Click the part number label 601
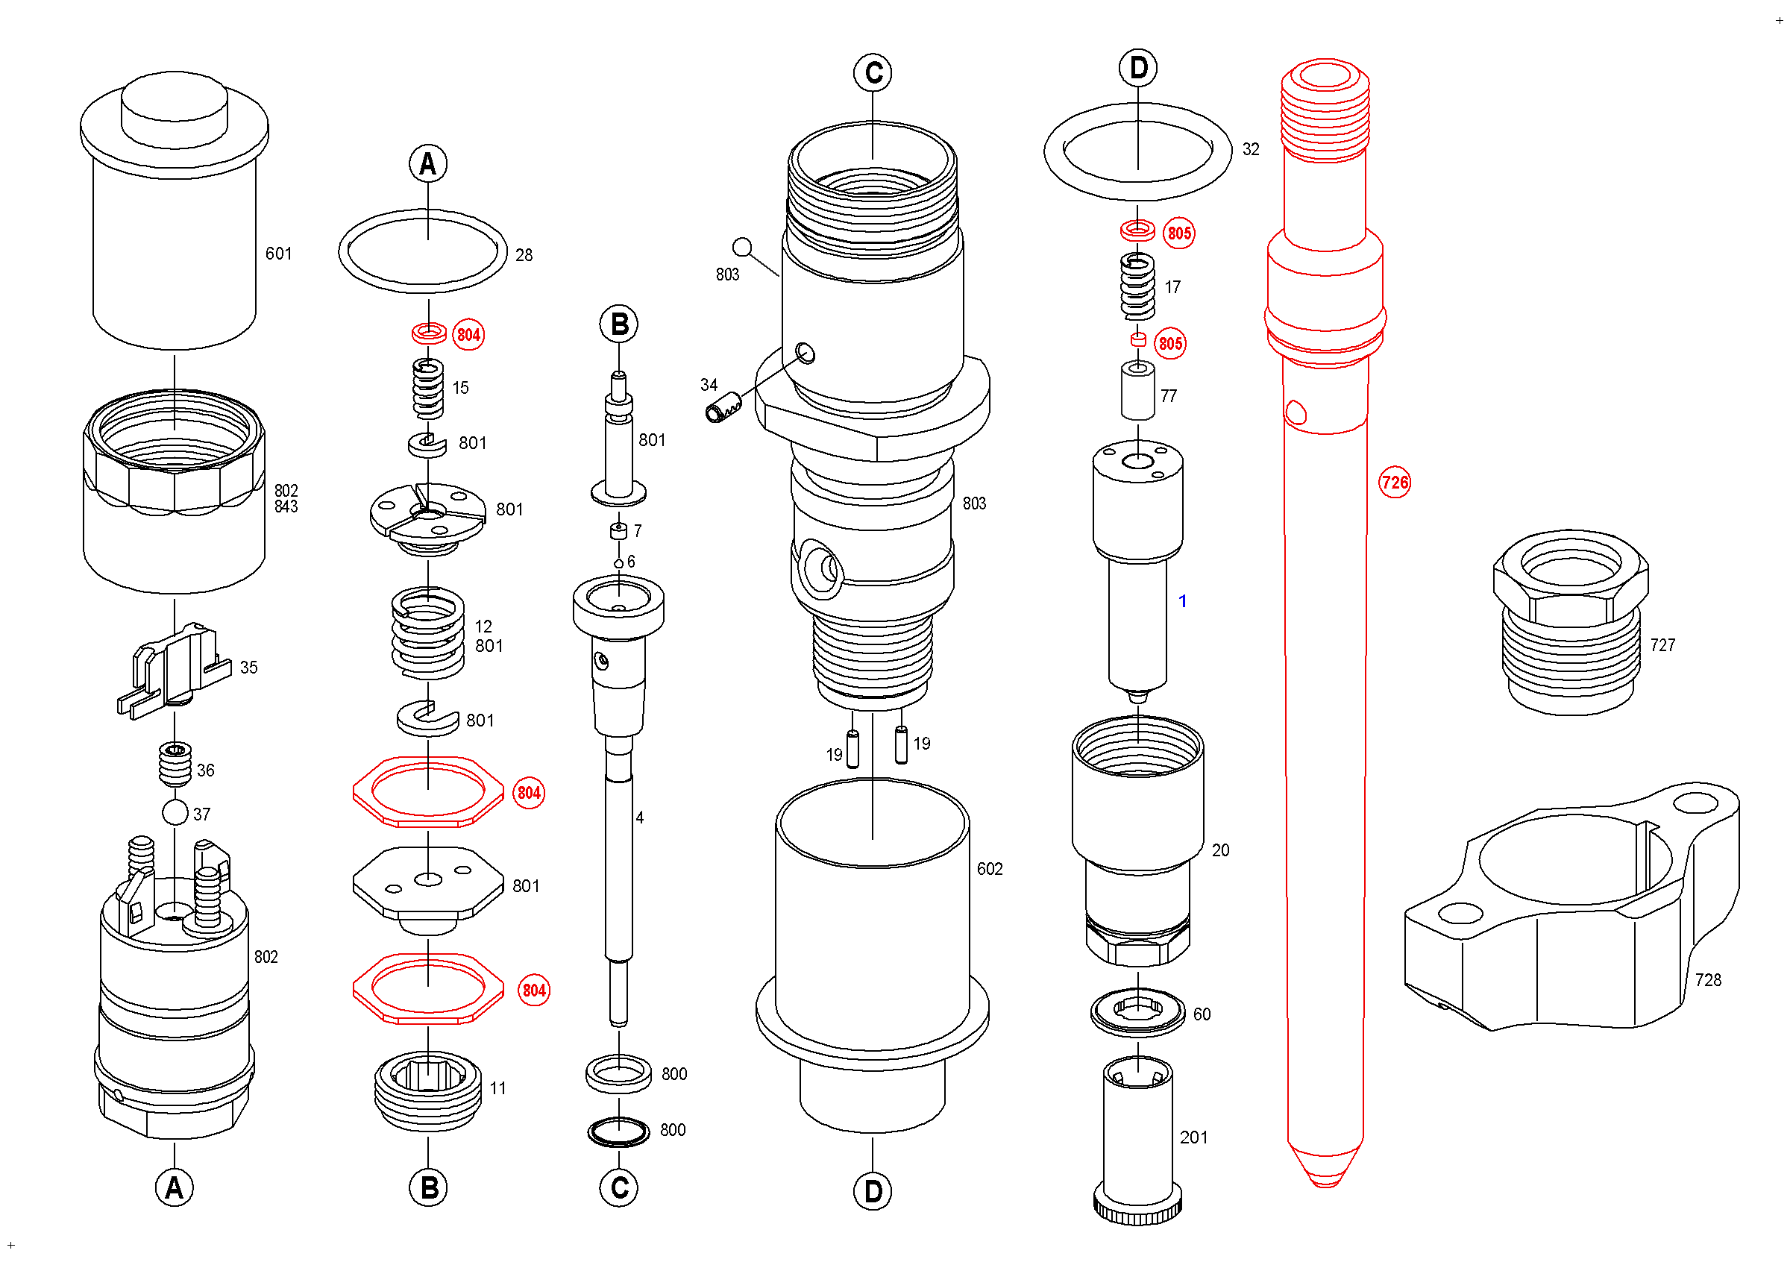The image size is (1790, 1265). click(x=278, y=254)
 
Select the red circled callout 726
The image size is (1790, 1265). click(x=1394, y=483)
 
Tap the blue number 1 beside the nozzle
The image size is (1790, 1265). click(x=1182, y=601)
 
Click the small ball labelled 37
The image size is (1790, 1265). click(x=175, y=812)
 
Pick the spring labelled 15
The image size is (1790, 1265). click(x=428, y=388)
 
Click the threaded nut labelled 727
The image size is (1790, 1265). click(x=1568, y=624)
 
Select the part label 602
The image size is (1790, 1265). click(x=989, y=868)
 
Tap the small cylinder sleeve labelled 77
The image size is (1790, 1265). click(x=1137, y=391)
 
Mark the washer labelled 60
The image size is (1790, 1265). click(x=1137, y=1012)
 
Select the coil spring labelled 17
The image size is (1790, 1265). click(x=1137, y=287)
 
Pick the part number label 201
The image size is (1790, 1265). click(x=1193, y=1137)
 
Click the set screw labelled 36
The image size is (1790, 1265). click(x=175, y=764)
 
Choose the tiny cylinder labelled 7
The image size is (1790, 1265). click(x=618, y=531)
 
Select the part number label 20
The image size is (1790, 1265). click(x=1220, y=850)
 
